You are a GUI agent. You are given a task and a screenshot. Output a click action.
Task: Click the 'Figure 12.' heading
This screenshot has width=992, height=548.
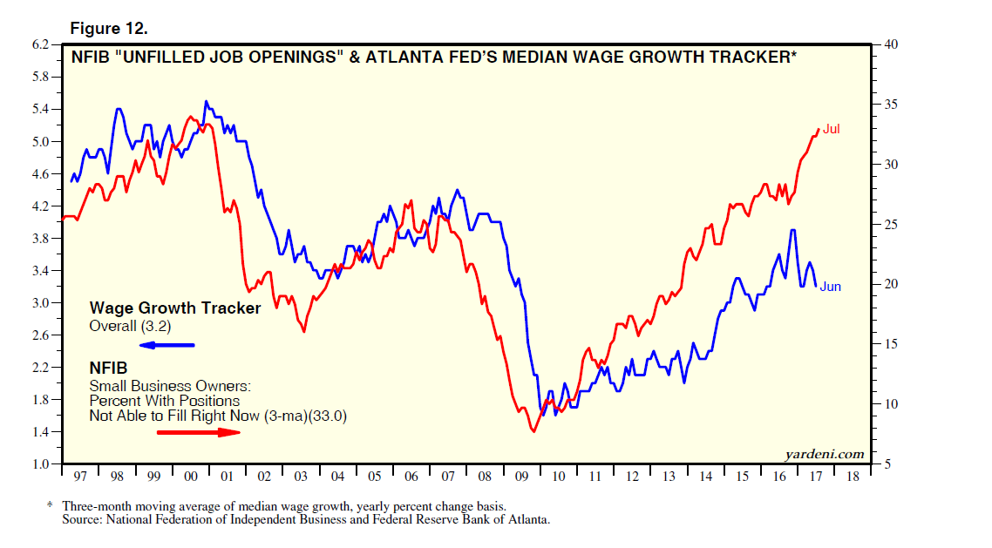[109, 29]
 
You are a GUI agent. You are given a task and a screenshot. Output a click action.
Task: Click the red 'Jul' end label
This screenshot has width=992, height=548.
[832, 130]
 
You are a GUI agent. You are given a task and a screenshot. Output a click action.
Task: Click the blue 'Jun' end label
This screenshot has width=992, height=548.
[830, 287]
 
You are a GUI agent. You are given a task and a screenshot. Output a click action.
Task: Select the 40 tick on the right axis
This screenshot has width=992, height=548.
[890, 45]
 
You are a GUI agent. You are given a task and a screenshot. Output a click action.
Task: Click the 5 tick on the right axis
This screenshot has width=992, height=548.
[887, 464]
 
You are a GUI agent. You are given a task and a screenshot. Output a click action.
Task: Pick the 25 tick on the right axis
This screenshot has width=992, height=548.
[890, 225]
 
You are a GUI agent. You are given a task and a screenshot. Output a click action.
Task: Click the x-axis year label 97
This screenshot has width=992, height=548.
[80, 478]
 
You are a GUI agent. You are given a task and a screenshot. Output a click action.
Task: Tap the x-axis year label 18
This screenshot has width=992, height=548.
[853, 478]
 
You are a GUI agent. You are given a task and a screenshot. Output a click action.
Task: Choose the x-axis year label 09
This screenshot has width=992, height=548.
[521, 478]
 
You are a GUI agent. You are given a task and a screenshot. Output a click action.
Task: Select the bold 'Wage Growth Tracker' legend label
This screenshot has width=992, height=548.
[175, 308]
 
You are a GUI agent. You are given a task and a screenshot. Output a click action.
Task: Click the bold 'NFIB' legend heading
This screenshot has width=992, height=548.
[109, 368]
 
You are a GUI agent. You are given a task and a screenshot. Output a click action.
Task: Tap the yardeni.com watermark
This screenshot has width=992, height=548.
[824, 453]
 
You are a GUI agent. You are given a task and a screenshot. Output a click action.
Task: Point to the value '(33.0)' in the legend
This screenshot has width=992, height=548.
[330, 416]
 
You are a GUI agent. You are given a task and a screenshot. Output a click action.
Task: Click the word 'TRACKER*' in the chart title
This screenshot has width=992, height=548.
[754, 58]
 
